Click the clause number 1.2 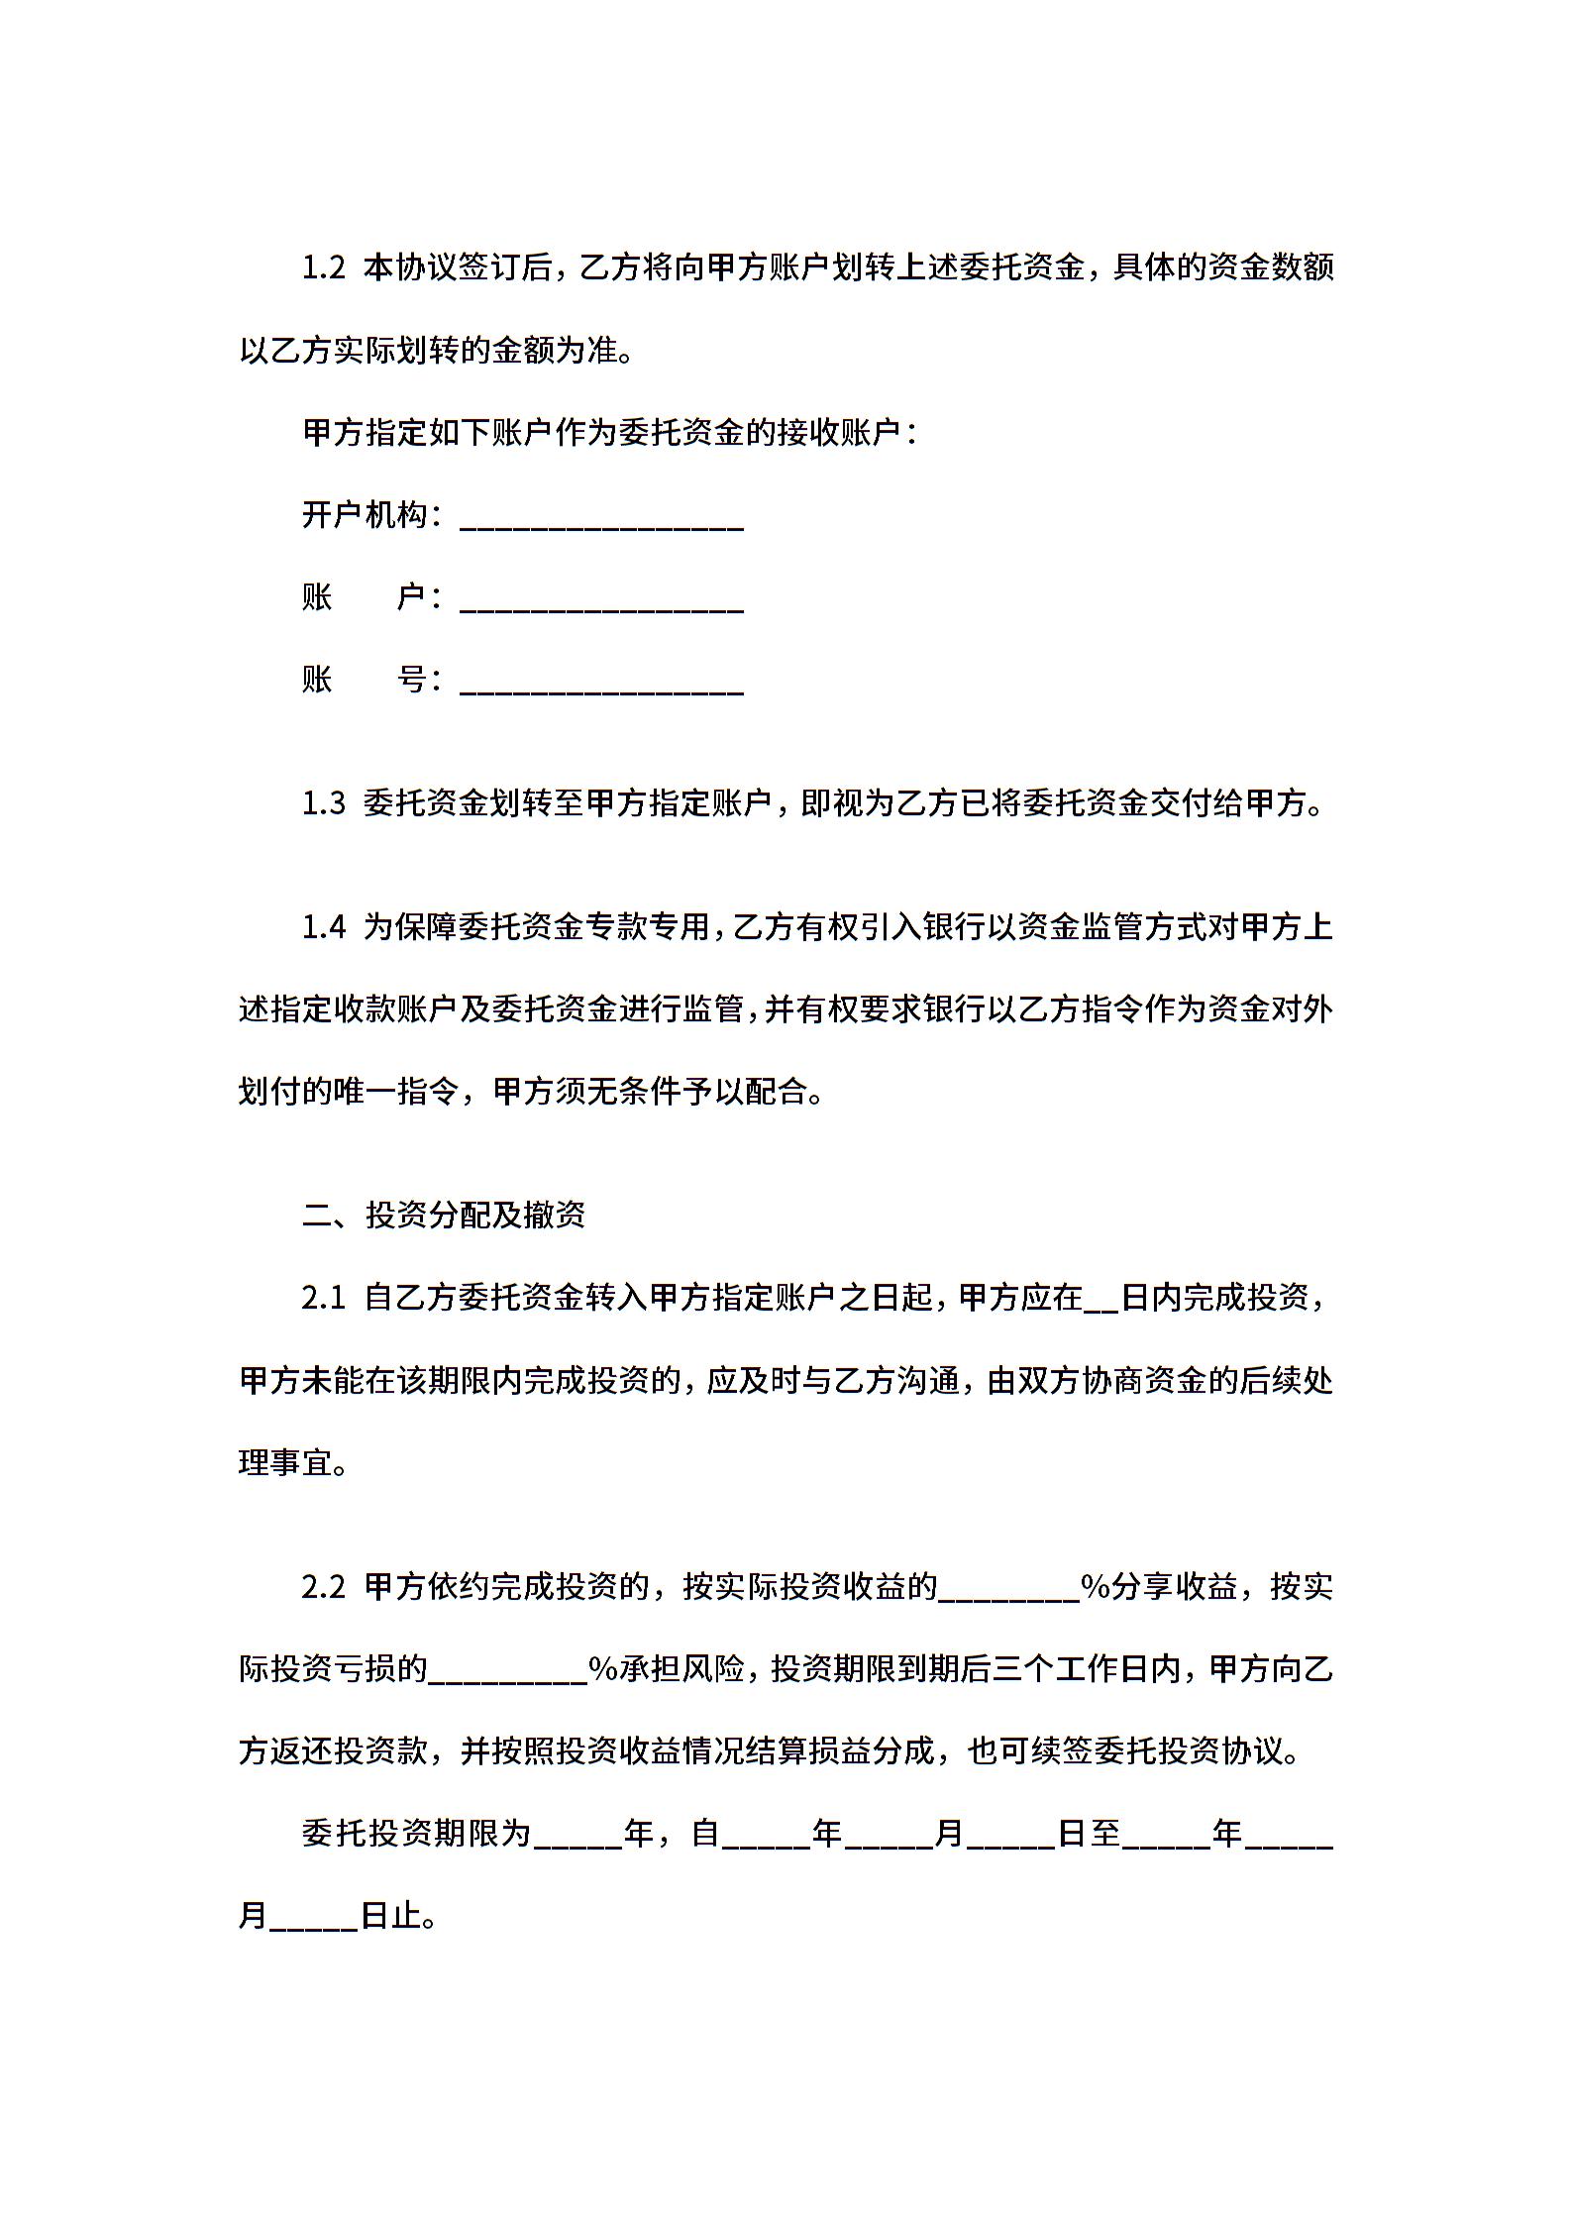pyautogui.click(x=323, y=268)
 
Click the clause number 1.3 pyautogui.click(x=323, y=803)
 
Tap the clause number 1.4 pyautogui.click(x=323, y=927)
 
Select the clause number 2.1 pyautogui.click(x=323, y=1299)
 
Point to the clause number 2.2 pyautogui.click(x=323, y=1588)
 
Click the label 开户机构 pyautogui.click(x=365, y=515)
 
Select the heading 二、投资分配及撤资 pyautogui.click(x=444, y=1216)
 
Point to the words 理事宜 pyautogui.click(x=287, y=1463)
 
